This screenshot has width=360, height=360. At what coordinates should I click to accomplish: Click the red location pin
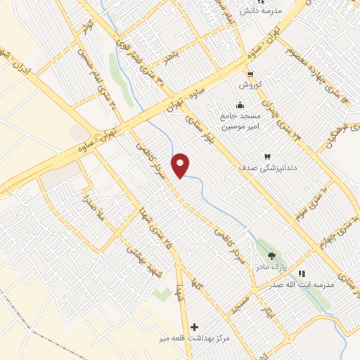coord(182,165)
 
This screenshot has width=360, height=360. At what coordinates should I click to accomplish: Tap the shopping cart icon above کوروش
coord(249,73)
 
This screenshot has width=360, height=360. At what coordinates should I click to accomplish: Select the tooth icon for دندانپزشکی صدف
coord(266,156)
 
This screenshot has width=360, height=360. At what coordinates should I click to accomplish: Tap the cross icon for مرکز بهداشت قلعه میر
coord(195,327)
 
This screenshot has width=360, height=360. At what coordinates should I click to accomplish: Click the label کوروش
coord(250,84)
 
